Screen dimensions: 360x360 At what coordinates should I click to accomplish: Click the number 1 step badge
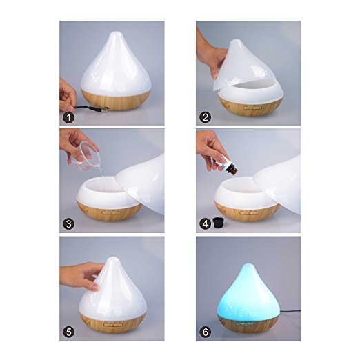coord(68,117)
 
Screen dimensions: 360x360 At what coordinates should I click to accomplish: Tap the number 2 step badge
coord(205,117)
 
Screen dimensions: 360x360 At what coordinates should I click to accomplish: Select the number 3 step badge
coord(68,223)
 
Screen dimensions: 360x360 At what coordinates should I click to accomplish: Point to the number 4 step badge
coord(205,223)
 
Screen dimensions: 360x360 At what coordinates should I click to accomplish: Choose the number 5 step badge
coord(68,330)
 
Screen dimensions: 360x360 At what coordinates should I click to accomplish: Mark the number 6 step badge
coord(205,330)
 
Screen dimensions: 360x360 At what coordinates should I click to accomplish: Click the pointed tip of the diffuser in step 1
coord(112,34)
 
